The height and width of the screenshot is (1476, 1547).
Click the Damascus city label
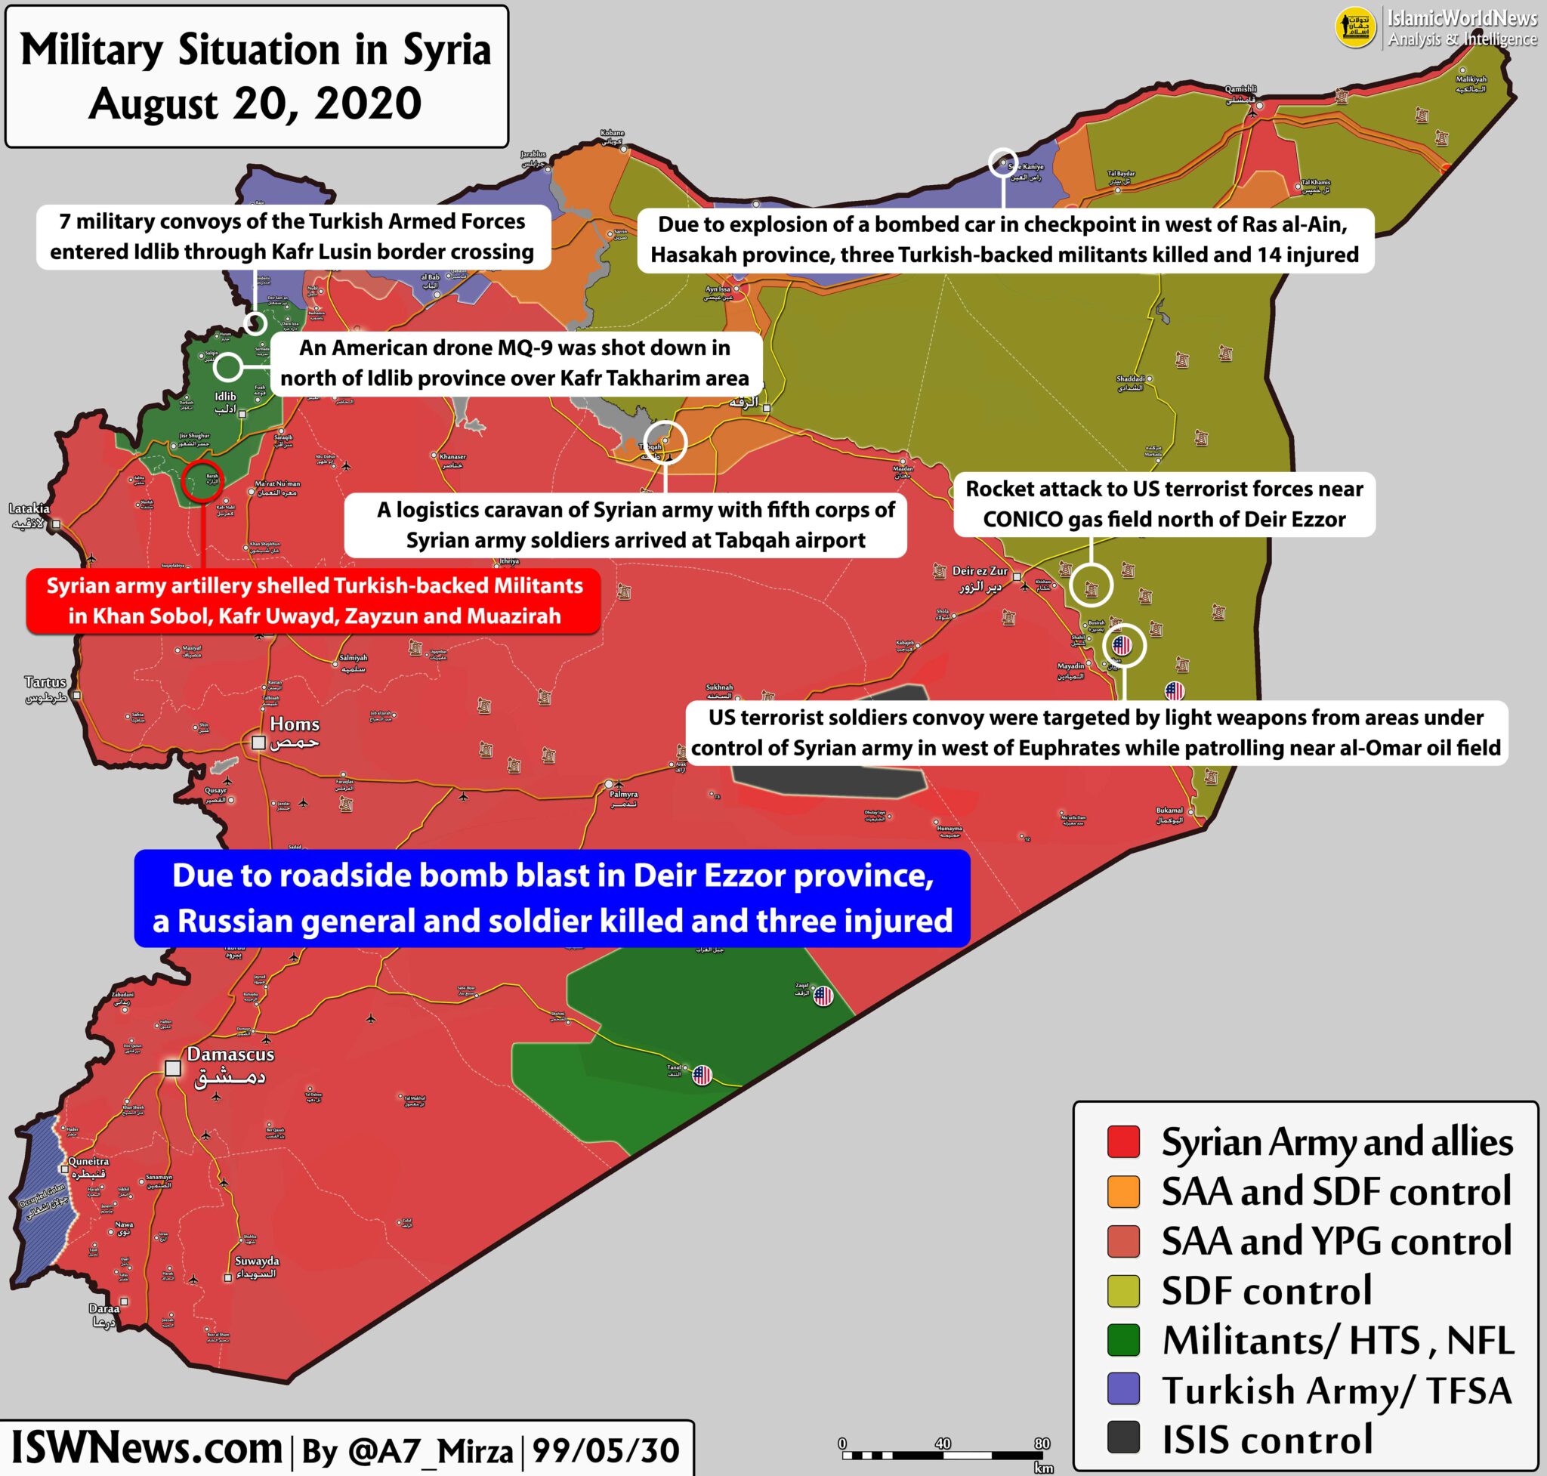pos(230,1055)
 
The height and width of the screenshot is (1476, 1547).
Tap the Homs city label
pos(295,724)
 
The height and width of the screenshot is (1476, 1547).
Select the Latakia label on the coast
pos(29,509)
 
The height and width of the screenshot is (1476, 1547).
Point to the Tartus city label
pos(45,682)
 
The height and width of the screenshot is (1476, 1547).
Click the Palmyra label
pos(623,795)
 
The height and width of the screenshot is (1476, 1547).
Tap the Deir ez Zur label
pos(980,571)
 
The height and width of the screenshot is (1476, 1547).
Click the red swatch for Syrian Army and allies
pos(1123,1142)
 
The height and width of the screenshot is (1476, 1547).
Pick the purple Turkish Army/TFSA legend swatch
pos(1123,1388)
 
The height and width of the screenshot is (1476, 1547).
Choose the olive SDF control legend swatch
pos(1123,1290)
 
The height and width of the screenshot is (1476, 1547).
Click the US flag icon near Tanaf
pos(701,1075)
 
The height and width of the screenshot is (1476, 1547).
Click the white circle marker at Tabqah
pos(665,442)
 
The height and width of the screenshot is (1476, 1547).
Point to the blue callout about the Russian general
pos(551,897)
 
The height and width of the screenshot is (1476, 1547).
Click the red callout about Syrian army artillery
pos(313,601)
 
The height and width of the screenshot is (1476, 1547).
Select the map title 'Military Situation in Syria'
pos(256,51)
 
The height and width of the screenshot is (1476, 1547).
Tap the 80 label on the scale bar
pos(1041,1443)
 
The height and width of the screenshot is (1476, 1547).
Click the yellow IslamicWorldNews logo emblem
pos(1355,28)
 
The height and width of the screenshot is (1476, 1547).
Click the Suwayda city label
pos(257,1261)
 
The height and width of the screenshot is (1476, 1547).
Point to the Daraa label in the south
pos(104,1308)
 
